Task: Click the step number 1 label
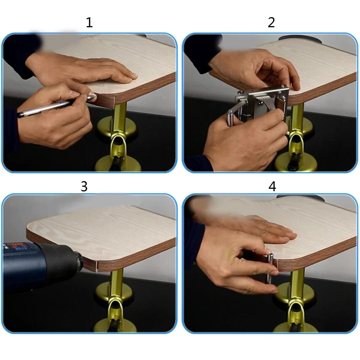(x=89, y=23)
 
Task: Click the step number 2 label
(x=271, y=23)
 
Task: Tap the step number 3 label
(x=84, y=186)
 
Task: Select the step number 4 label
(x=272, y=186)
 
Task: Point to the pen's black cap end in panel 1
(x=21, y=114)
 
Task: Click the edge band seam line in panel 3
(x=98, y=266)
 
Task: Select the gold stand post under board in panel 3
(x=117, y=283)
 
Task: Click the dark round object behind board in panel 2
(x=300, y=38)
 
